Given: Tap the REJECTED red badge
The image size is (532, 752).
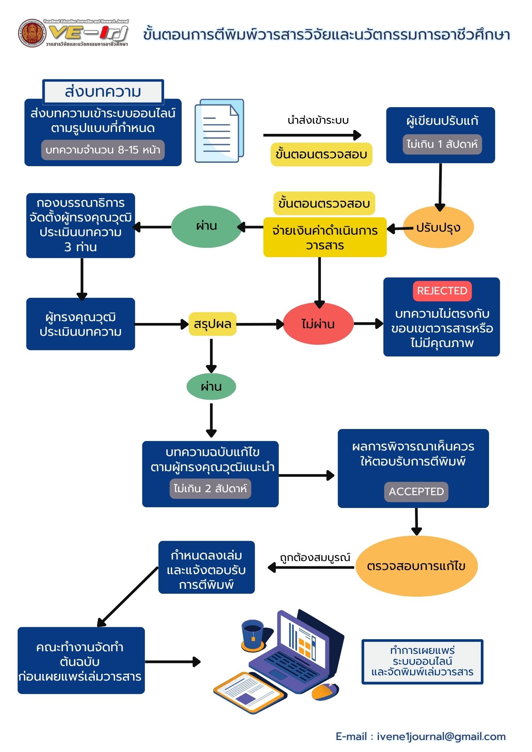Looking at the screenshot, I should (x=442, y=291).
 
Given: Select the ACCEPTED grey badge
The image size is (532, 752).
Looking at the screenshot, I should (x=416, y=491).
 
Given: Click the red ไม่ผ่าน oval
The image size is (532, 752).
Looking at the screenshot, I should (x=318, y=324).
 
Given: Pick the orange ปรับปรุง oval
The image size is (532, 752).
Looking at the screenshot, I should (x=438, y=227).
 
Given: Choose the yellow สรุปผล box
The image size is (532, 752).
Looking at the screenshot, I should (x=213, y=324).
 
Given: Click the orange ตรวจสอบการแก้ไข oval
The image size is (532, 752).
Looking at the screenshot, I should (x=416, y=566).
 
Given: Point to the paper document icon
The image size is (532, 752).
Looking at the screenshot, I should (x=219, y=131).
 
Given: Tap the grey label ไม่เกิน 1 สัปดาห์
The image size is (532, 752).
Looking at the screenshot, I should (x=442, y=144).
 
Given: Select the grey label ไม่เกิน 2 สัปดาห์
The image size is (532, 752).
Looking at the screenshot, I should (x=210, y=488).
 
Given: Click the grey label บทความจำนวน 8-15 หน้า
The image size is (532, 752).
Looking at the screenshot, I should (x=103, y=150).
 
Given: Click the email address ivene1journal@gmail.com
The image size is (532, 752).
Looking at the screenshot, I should (x=441, y=737).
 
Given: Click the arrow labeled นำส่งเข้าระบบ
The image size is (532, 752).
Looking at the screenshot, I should (x=312, y=135).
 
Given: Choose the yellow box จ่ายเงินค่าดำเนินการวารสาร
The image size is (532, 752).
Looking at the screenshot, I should (x=325, y=237).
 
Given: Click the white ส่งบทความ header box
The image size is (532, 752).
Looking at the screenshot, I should (x=103, y=92).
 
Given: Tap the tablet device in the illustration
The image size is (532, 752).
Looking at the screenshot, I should (x=249, y=692).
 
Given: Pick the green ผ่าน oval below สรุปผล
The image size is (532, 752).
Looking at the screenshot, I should (x=211, y=387).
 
